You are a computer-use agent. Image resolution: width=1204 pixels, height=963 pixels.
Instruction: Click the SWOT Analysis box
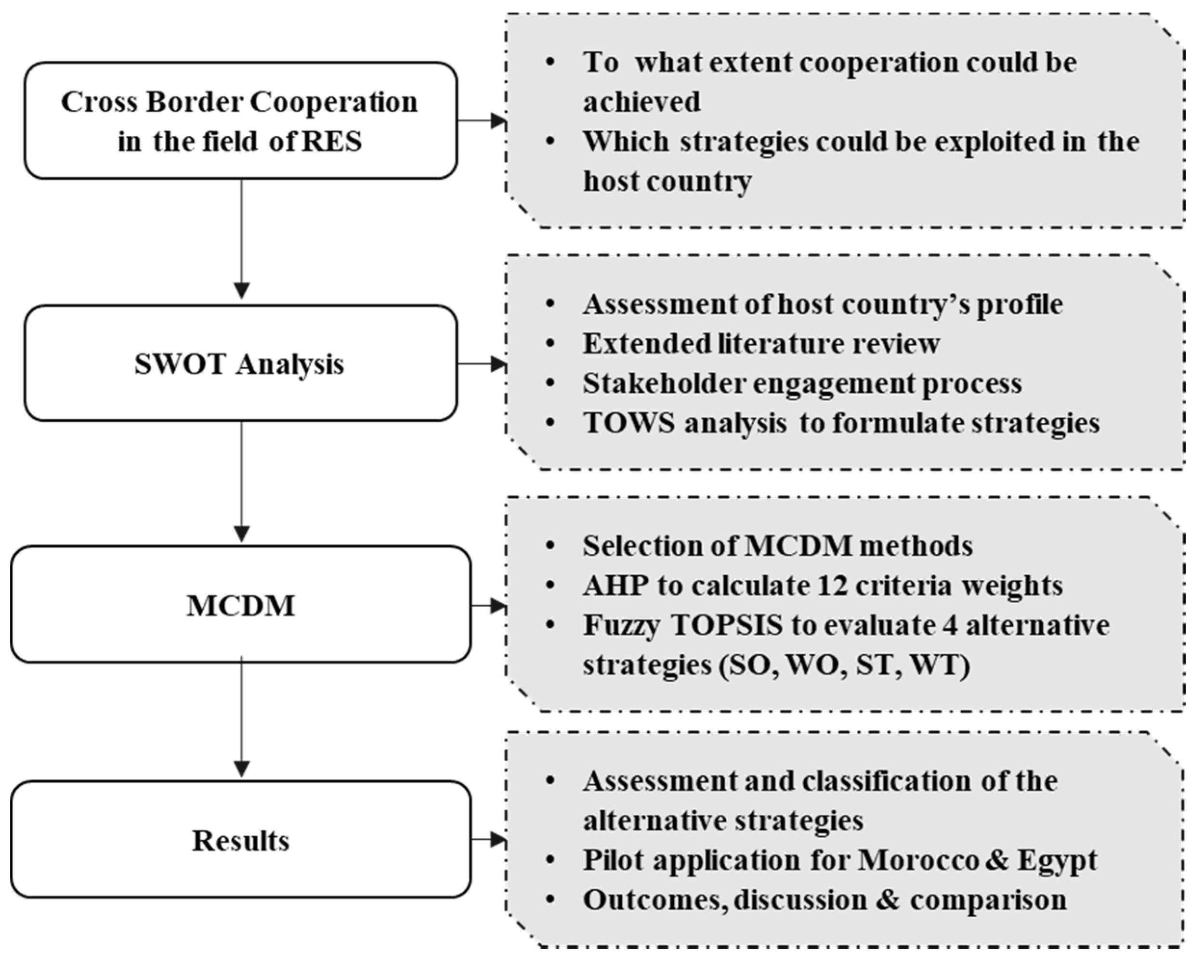(x=240, y=363)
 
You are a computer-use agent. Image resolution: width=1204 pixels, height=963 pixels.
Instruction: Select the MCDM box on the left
(x=240, y=605)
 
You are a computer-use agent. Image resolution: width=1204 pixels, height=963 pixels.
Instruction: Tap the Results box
(x=240, y=840)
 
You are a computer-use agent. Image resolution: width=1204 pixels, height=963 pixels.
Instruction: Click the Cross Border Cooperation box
(x=240, y=120)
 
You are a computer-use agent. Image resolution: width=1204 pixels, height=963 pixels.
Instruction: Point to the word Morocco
(x=918, y=860)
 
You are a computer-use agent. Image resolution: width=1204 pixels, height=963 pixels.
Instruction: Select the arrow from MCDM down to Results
(x=241, y=717)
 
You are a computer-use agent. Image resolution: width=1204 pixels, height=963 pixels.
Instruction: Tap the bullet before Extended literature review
(x=550, y=344)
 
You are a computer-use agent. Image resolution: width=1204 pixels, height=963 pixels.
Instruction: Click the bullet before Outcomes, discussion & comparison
(x=550, y=900)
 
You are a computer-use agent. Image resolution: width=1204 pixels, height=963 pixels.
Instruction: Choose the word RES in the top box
(x=332, y=141)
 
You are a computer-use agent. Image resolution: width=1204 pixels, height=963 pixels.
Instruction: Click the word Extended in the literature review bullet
(x=646, y=344)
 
